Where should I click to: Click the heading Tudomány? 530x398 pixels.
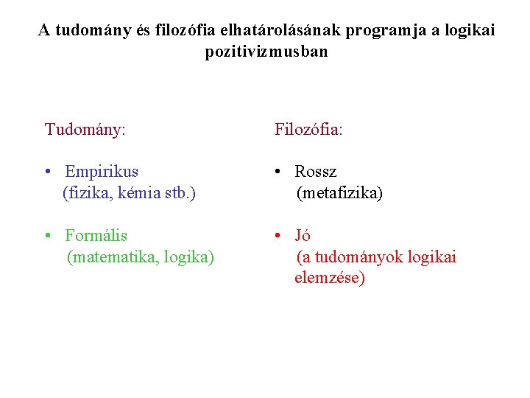[85, 130]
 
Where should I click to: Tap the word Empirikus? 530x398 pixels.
[102, 172]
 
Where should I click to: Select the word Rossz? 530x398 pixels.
[316, 172]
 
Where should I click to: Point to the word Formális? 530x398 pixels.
[96, 236]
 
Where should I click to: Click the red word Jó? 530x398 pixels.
[303, 236]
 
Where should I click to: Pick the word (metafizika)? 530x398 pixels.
[339, 194]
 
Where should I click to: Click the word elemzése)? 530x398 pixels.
[329, 279]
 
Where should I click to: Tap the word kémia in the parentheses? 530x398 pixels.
[129, 194]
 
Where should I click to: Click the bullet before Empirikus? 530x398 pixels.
[47, 172]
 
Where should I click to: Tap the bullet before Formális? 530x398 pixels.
[47, 237]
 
